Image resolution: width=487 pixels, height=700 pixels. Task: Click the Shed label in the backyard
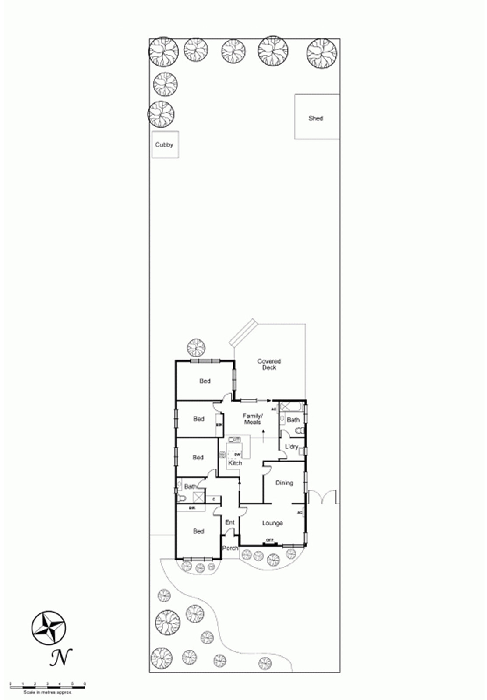click(x=315, y=118)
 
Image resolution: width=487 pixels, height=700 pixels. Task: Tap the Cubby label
click(x=164, y=144)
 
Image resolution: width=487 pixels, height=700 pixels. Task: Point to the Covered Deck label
click(x=269, y=364)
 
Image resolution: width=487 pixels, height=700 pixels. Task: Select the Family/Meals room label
click(x=253, y=419)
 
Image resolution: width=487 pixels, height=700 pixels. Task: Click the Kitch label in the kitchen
click(x=235, y=463)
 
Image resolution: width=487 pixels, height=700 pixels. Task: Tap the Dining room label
click(x=284, y=483)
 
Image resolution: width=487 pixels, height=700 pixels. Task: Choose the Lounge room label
click(x=272, y=523)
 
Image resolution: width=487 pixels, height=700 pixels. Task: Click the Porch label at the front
click(x=230, y=548)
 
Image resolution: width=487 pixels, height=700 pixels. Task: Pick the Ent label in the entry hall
click(x=230, y=522)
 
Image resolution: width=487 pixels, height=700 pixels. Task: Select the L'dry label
click(x=291, y=447)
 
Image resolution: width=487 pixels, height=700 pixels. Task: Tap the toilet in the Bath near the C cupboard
click(x=181, y=498)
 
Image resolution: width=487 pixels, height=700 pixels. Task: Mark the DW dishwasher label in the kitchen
click(x=237, y=455)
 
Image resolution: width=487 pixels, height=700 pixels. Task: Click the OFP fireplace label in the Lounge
click(x=270, y=540)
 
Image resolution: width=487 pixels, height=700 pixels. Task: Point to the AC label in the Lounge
click(x=300, y=512)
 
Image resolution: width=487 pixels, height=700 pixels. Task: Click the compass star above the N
click(x=49, y=627)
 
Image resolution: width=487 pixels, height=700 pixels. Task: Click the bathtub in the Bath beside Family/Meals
click(x=291, y=407)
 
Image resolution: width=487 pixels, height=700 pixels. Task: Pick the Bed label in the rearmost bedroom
click(x=205, y=381)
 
